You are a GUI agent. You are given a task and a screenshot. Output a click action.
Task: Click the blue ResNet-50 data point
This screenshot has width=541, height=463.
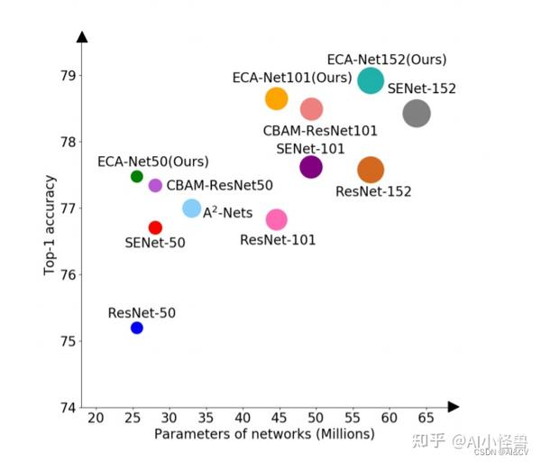[137, 328]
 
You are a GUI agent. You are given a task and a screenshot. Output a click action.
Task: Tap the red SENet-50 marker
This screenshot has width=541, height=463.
[155, 227]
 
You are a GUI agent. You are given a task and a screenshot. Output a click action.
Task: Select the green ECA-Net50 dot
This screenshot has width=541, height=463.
[137, 176]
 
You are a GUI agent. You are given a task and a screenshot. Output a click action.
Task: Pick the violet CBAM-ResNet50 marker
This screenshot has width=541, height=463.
[155, 185]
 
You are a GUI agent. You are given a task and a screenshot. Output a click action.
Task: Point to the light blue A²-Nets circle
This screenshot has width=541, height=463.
[192, 208]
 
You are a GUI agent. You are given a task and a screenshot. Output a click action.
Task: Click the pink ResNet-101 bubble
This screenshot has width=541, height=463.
[277, 219]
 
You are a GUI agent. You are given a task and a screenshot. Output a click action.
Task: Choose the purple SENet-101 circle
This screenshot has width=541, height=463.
[311, 166]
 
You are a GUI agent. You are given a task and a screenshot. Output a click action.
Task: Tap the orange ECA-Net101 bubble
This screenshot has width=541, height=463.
[277, 98]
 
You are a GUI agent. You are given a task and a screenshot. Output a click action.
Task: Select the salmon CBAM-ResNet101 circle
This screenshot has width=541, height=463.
[311, 109]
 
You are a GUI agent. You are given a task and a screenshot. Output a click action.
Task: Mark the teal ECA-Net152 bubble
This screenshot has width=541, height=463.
[371, 80]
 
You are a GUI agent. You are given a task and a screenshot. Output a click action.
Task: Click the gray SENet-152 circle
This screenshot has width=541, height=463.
[417, 113]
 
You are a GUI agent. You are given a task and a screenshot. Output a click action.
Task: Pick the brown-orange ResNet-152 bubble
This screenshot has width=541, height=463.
[371, 169]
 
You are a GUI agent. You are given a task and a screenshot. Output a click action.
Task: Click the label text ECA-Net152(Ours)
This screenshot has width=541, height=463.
[386, 60]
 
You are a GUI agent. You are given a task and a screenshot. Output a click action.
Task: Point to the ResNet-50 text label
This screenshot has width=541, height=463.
[142, 313]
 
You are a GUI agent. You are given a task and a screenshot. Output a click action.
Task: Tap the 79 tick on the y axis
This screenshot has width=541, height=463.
[68, 75]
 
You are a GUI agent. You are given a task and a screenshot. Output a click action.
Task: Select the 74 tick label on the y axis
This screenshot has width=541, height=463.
[68, 408]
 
